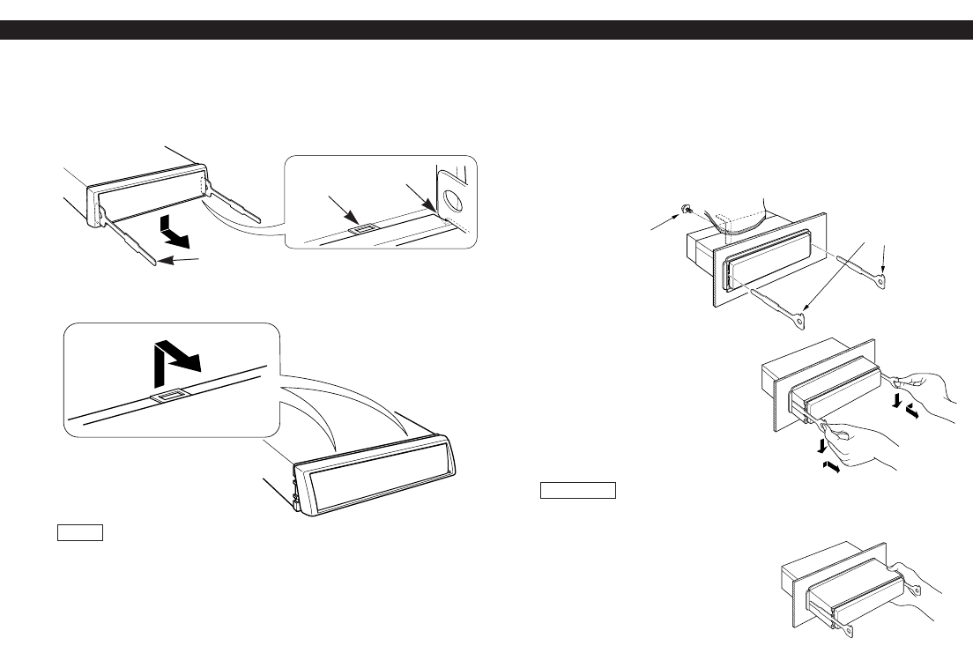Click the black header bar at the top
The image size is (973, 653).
[x=486, y=31]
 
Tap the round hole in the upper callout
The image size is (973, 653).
[x=453, y=201]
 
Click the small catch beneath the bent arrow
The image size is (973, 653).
[x=167, y=397]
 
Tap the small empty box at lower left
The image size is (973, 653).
[x=80, y=532]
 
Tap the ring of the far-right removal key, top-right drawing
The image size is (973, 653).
[x=884, y=281]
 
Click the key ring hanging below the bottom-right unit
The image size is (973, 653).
[x=850, y=629]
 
